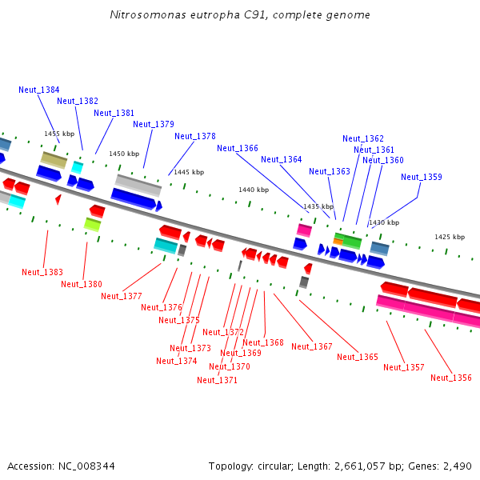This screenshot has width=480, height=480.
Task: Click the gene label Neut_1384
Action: tap(39, 90)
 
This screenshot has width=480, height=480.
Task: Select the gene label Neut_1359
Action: tap(422, 177)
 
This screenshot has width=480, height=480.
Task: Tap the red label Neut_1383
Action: tap(42, 272)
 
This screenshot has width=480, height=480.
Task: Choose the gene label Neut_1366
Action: tap(238, 148)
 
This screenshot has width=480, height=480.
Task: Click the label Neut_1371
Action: tap(217, 380)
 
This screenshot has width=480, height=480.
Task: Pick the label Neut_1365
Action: tap(358, 357)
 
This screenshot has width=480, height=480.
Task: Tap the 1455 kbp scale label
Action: tap(59, 134)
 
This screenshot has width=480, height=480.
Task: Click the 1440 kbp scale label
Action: tap(254, 190)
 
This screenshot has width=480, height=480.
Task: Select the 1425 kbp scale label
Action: tap(450, 237)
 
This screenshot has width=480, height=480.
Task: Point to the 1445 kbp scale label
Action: tap(189, 172)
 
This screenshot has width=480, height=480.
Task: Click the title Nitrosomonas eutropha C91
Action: tap(240, 15)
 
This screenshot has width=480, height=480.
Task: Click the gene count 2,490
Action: tap(456, 466)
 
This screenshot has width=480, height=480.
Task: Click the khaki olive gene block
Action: tap(54, 159)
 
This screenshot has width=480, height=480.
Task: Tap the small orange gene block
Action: tap(338, 242)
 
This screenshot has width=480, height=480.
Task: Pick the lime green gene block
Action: tap(92, 224)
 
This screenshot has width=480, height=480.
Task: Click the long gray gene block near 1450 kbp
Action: tap(138, 185)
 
